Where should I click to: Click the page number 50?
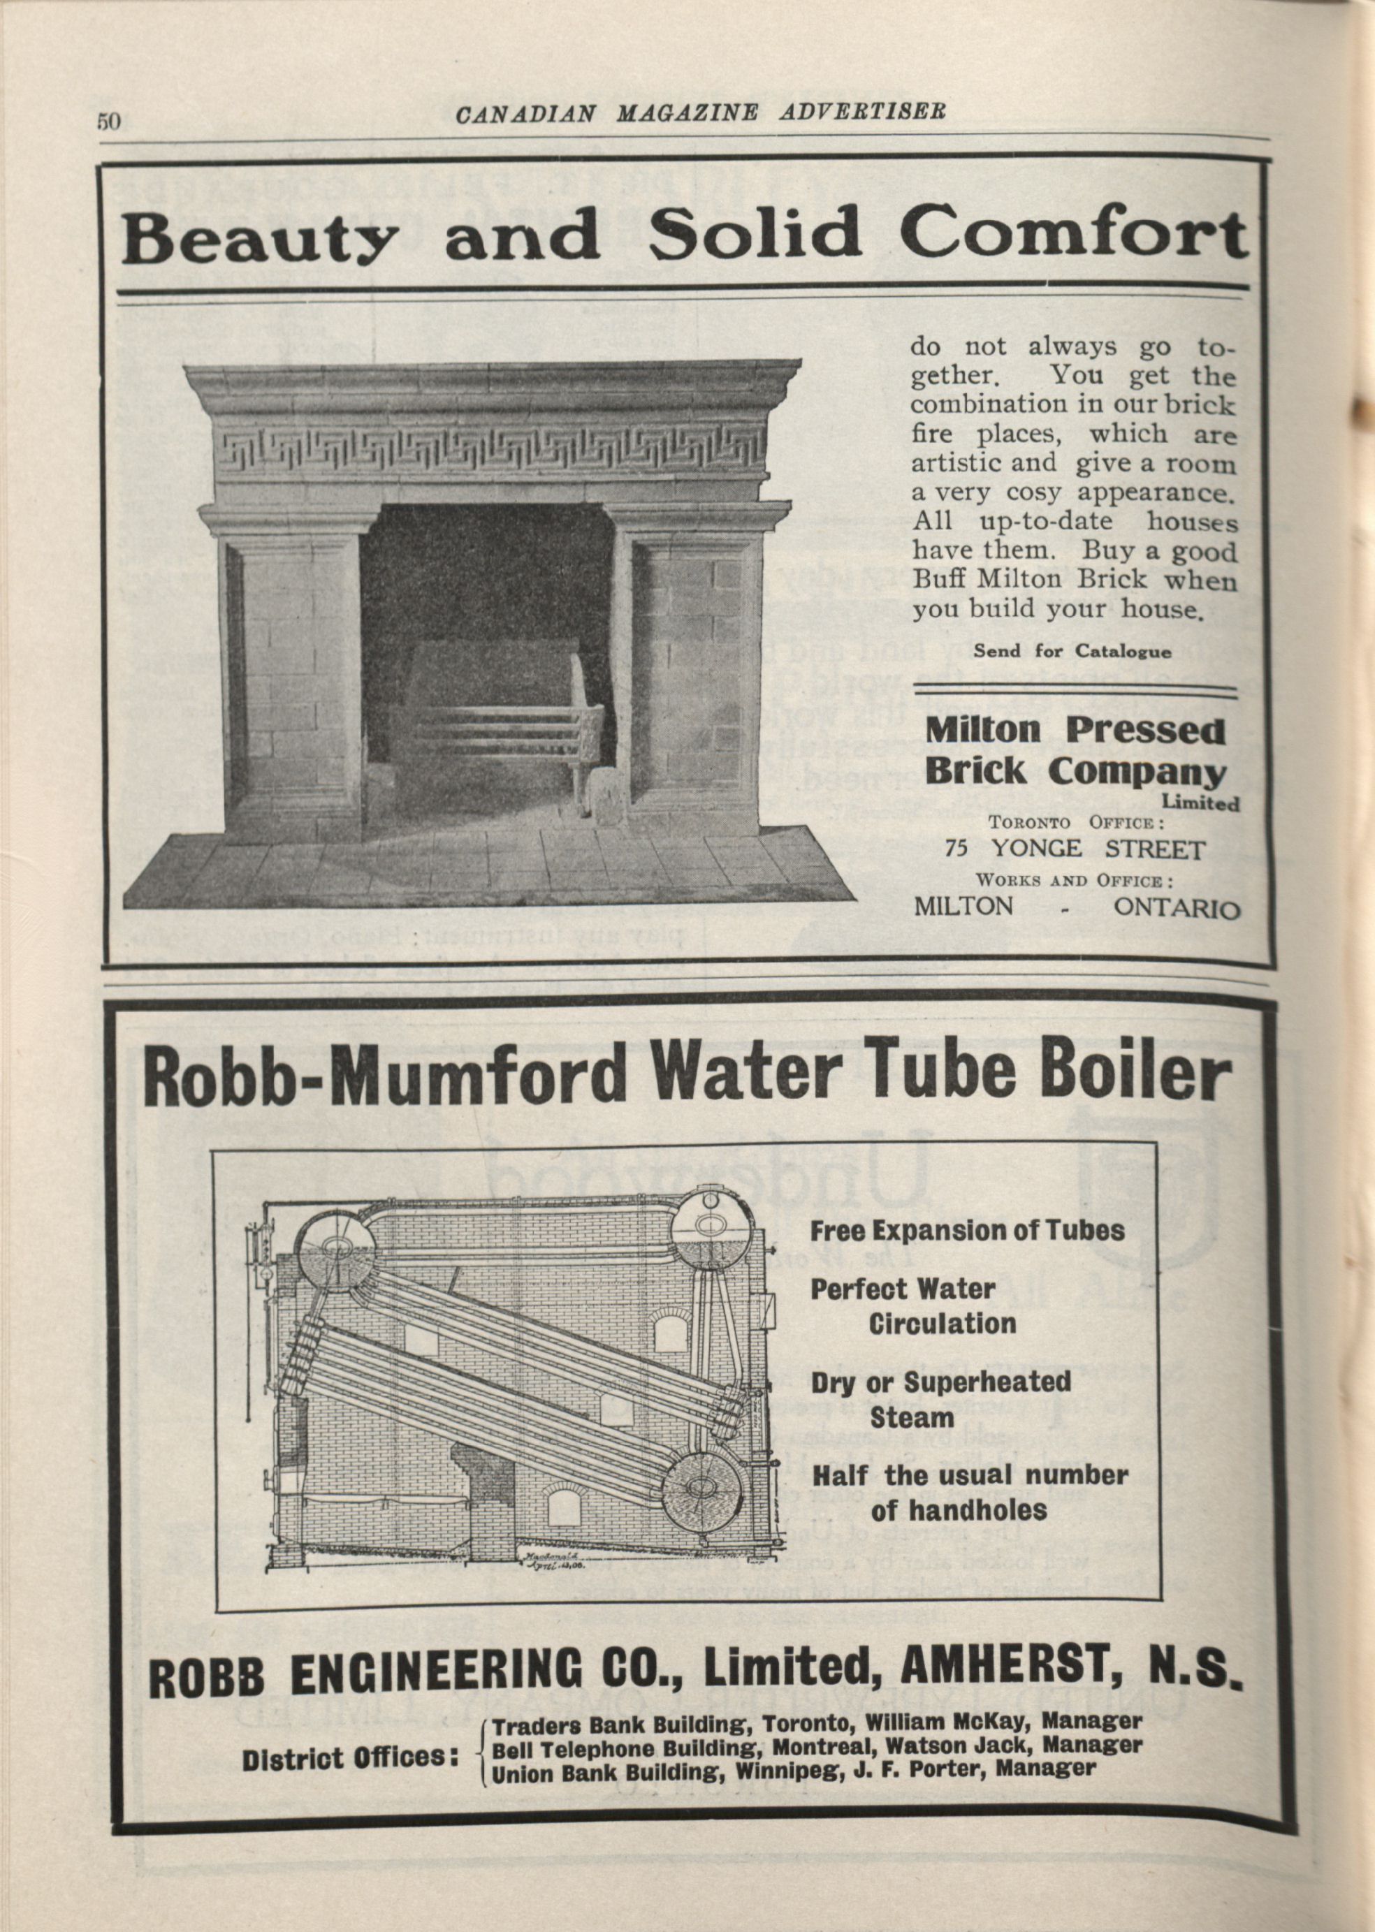pos(109,121)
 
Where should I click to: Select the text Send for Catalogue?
pos(1072,651)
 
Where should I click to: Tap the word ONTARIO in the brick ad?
pos(1176,907)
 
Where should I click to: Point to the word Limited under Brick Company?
pos(1200,803)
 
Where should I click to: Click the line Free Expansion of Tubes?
pos(967,1231)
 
